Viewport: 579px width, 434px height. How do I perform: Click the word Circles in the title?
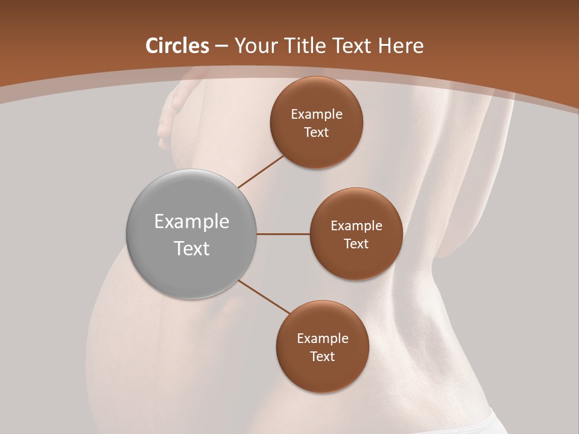click(x=177, y=46)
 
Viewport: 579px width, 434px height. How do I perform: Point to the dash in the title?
click(x=221, y=46)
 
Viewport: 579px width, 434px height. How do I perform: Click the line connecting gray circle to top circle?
click(x=261, y=171)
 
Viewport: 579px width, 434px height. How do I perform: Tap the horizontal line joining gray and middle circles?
click(x=283, y=234)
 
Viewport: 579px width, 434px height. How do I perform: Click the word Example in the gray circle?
click(x=192, y=222)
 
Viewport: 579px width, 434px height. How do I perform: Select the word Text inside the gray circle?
click(x=192, y=248)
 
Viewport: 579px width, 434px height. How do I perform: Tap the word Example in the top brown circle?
click(x=317, y=114)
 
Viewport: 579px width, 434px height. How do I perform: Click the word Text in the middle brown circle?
click(x=356, y=244)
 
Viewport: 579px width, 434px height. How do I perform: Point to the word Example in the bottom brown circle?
click(x=323, y=338)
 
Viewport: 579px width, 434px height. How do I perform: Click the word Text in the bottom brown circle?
click(x=323, y=356)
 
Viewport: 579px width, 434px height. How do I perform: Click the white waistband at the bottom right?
click(x=482, y=422)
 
